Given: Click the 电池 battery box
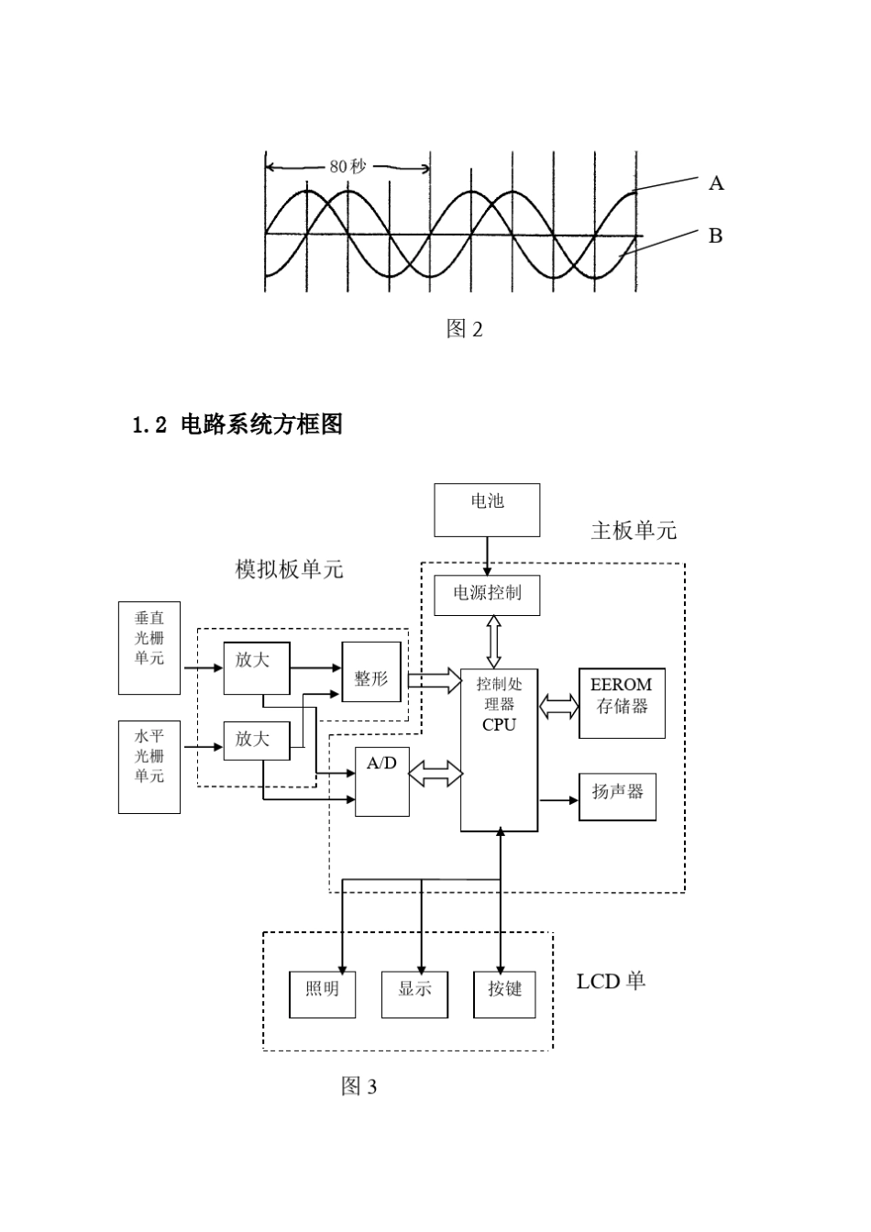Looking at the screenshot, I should (x=487, y=510).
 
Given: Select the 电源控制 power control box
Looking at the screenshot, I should (x=487, y=594).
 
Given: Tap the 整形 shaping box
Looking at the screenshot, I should (x=371, y=678).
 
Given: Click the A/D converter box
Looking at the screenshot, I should (x=382, y=780).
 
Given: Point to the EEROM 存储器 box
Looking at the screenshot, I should (x=622, y=702).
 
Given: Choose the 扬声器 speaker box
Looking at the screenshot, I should (x=617, y=795).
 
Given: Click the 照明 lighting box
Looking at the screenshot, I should (x=323, y=994).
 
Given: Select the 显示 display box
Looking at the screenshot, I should (x=415, y=994).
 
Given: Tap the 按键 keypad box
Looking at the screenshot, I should (x=504, y=994).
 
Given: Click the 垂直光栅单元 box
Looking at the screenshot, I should (x=149, y=647).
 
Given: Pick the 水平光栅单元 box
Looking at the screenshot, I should (x=149, y=766).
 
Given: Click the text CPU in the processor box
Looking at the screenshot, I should (x=499, y=725).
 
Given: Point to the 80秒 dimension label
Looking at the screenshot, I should (x=347, y=167).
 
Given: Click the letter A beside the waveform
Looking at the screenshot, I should (x=716, y=183).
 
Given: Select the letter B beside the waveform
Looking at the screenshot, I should (x=716, y=236).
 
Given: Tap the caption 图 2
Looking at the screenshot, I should (x=464, y=329).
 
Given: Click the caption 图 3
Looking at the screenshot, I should (x=358, y=1086).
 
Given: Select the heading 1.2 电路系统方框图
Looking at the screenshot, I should (x=237, y=424).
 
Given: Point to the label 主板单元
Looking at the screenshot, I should (x=634, y=531).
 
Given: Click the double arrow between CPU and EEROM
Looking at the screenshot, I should (x=558, y=707).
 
